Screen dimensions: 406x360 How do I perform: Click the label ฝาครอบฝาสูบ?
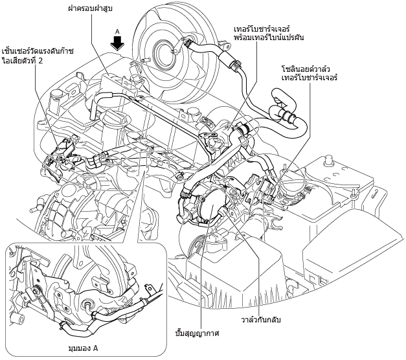[91, 8]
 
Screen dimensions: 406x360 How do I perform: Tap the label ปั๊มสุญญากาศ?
[197, 333]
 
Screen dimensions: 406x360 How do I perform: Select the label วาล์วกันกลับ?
[261, 320]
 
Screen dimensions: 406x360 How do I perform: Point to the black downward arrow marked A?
[118, 43]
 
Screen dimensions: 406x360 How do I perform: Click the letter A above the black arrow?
[117, 32]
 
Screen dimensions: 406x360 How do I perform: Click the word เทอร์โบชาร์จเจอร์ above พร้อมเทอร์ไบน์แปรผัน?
[262, 28]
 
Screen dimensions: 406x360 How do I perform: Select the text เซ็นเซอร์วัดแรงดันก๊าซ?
[38, 51]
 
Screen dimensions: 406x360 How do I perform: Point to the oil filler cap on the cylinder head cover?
[113, 116]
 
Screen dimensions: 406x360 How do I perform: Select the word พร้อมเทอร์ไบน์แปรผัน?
[269, 38]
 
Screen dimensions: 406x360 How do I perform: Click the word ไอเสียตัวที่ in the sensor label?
[19, 61]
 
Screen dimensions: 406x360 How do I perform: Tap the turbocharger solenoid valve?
[268, 188]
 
